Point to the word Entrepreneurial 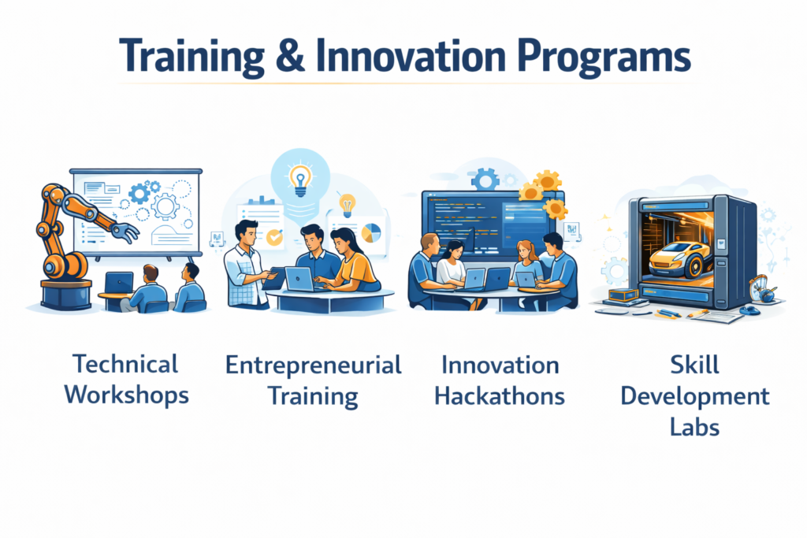click(x=313, y=365)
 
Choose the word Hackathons click(x=500, y=395)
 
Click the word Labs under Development click(x=694, y=426)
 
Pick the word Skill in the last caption click(x=694, y=365)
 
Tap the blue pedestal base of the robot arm click(x=66, y=293)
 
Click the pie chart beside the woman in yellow click(x=370, y=232)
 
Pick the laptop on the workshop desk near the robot click(x=120, y=281)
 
